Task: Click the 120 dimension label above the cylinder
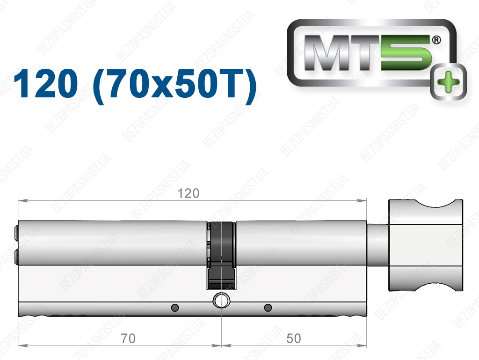click(188, 193)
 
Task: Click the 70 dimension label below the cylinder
click(128, 338)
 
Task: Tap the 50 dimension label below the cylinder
click(294, 338)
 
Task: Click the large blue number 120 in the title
click(46, 83)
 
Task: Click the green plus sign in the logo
click(448, 81)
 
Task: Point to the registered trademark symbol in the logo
click(436, 40)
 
